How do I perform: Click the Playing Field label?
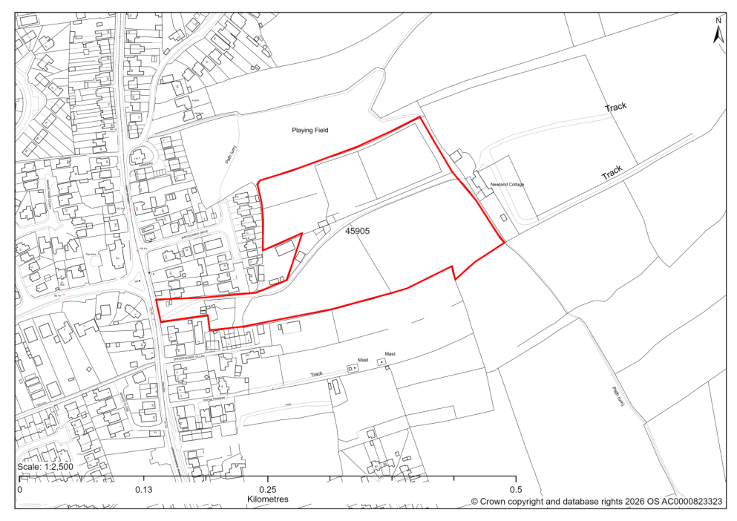point(309,130)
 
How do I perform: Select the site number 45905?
point(357,232)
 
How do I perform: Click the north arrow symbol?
point(718,34)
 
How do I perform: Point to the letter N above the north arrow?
point(718,20)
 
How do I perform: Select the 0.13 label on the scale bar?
point(143,490)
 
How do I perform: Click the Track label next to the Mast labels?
point(317,374)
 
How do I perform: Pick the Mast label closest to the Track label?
point(363,360)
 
